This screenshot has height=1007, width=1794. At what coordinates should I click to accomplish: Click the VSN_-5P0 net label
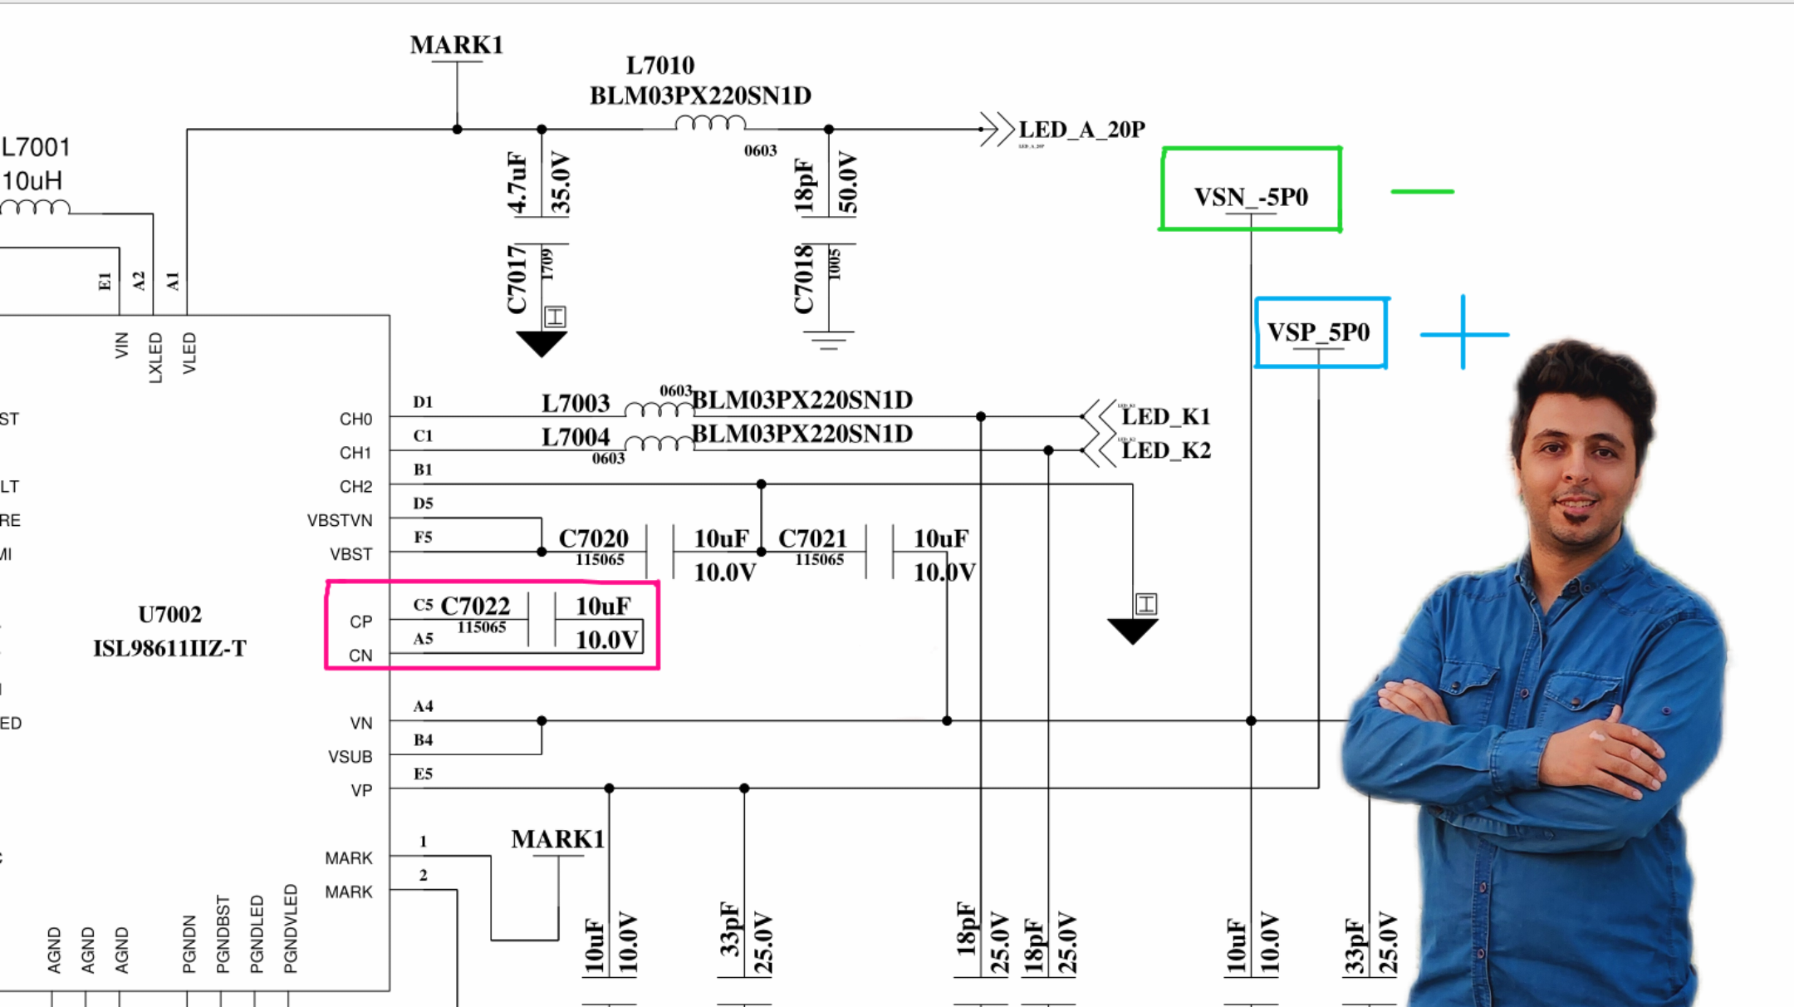click(x=1251, y=197)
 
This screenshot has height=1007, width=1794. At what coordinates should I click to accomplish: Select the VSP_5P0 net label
click(x=1318, y=332)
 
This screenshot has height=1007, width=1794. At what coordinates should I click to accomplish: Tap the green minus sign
click(x=1422, y=192)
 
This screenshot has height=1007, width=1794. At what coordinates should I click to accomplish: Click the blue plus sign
click(x=1463, y=334)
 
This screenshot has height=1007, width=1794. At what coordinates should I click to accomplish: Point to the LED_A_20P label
click(x=1081, y=130)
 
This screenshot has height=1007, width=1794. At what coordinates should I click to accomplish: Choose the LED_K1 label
click(x=1165, y=416)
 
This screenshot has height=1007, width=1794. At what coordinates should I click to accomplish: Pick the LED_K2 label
click(x=1165, y=450)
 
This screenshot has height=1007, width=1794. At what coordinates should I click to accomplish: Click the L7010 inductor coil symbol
click(x=710, y=125)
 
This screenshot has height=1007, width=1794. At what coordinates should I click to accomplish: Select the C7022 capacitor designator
click(x=475, y=606)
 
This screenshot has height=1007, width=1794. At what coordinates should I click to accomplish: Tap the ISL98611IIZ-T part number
click(x=169, y=648)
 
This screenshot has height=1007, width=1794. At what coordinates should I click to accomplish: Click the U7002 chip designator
click(x=169, y=615)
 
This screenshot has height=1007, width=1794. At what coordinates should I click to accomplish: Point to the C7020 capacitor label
click(x=593, y=538)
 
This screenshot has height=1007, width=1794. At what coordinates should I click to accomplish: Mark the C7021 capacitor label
click(x=812, y=538)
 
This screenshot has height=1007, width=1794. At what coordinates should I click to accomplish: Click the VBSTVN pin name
click(x=340, y=521)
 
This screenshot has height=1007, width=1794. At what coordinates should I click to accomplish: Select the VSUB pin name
click(x=350, y=757)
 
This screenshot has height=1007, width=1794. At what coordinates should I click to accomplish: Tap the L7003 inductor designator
click(x=576, y=404)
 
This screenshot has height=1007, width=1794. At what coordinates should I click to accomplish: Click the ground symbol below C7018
click(x=828, y=340)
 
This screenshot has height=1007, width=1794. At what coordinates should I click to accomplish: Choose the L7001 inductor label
click(x=36, y=148)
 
